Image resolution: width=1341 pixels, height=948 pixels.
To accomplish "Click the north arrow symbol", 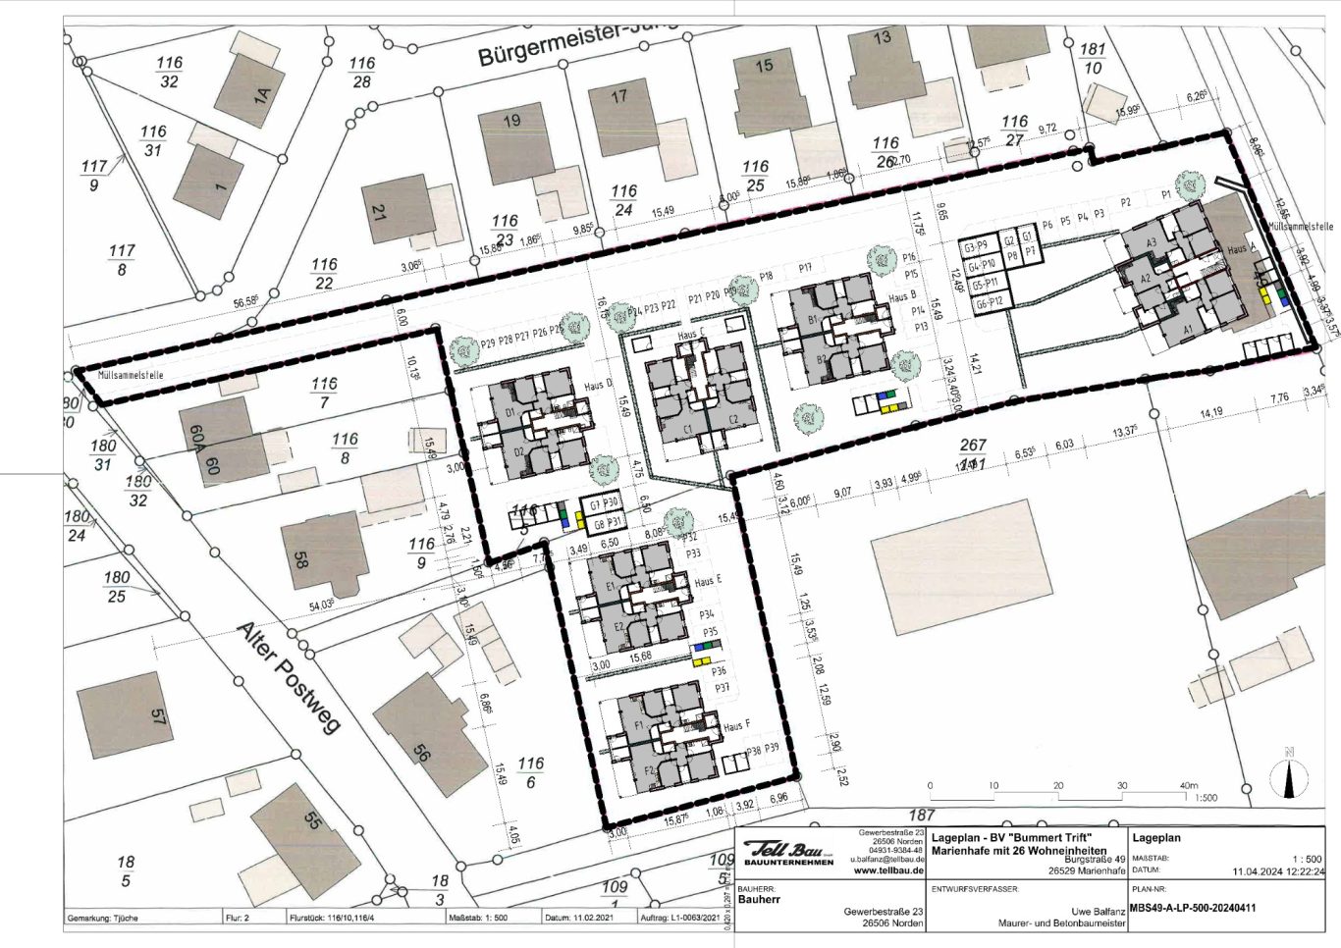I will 1288,774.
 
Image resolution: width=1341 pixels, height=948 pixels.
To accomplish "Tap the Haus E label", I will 708,582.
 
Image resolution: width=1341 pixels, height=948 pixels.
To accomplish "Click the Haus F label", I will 736,727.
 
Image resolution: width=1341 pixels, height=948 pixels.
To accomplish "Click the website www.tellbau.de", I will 889,869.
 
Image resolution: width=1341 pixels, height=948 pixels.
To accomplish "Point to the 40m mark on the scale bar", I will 1189,785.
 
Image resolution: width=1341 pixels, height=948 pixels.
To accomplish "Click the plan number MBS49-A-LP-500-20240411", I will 1193,908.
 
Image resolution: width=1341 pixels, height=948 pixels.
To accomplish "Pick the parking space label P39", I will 771,750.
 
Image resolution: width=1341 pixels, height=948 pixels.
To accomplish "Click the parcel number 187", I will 921,815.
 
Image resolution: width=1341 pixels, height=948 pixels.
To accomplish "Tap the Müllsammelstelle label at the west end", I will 125,375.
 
